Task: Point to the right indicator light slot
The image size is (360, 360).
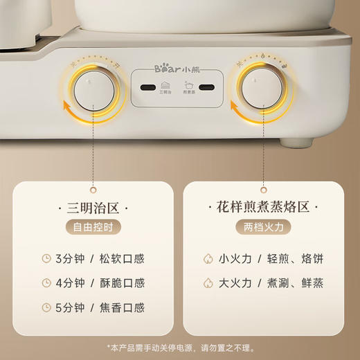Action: point(207,89)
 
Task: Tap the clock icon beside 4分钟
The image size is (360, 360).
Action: point(46,283)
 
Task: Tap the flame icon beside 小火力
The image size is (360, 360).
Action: point(206,260)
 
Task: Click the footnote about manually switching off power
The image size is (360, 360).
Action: point(180,347)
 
